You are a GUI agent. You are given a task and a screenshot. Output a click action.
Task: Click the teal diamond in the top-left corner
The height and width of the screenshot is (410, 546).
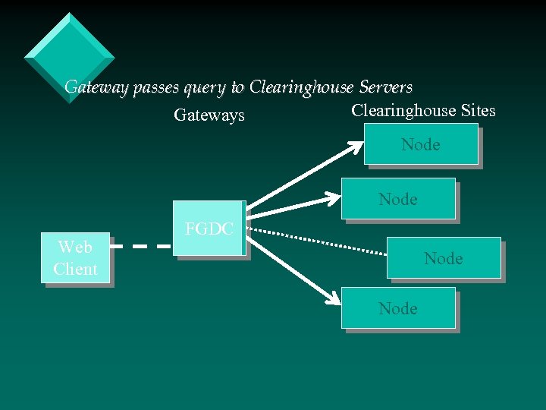click(x=69, y=57)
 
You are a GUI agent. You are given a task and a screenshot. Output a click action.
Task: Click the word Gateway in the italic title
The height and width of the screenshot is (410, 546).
click(x=97, y=87)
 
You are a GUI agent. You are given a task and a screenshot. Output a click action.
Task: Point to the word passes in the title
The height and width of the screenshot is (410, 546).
click(x=156, y=88)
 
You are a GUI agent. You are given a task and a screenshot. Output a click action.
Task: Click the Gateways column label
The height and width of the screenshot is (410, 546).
click(x=209, y=115)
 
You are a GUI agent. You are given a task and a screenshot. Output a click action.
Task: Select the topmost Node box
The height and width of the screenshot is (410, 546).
click(x=421, y=145)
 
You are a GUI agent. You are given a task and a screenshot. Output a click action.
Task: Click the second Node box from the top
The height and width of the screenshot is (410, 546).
click(x=399, y=199)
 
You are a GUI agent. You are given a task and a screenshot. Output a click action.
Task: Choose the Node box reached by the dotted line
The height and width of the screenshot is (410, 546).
click(x=444, y=259)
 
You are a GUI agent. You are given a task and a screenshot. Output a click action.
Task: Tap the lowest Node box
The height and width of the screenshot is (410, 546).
click(x=399, y=308)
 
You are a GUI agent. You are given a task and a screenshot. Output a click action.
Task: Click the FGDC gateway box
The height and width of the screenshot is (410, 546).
click(x=209, y=229)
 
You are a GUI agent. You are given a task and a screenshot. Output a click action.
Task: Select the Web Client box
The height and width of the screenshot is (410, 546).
click(x=75, y=258)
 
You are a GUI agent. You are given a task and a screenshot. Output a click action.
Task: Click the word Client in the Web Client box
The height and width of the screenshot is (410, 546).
click(x=75, y=270)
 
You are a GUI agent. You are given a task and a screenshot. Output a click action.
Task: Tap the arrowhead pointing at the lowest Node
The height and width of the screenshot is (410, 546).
click(x=332, y=297)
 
